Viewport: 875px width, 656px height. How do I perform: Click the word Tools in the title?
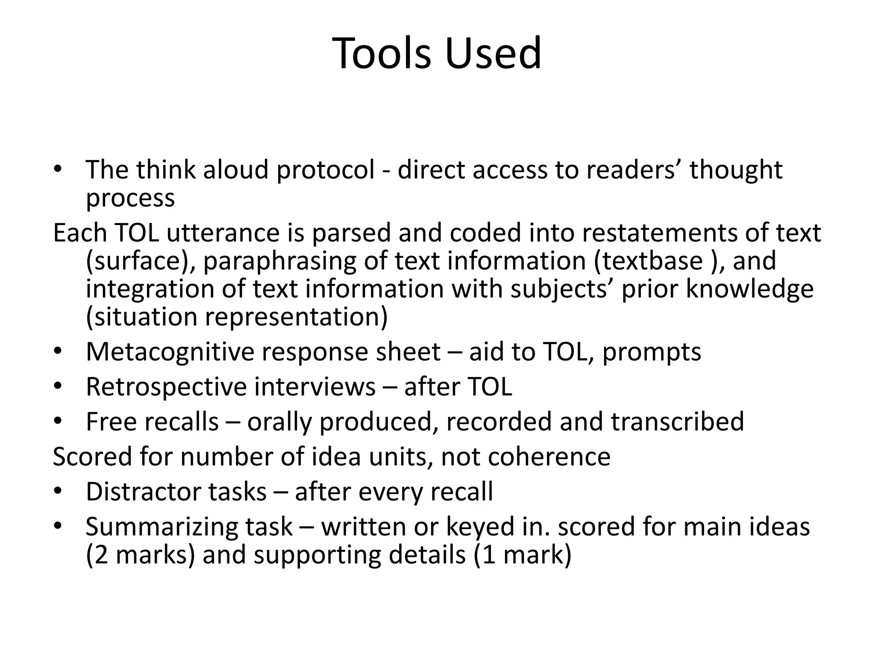coord(381,53)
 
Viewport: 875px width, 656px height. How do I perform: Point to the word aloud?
coord(236,170)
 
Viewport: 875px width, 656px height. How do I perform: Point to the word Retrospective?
coord(167,387)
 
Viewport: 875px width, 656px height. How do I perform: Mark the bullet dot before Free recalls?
coord(58,422)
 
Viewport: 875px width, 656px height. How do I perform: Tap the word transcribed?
coord(678,422)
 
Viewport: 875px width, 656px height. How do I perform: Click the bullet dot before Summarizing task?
coord(58,527)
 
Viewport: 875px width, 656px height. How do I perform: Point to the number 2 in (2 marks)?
coord(102,555)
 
